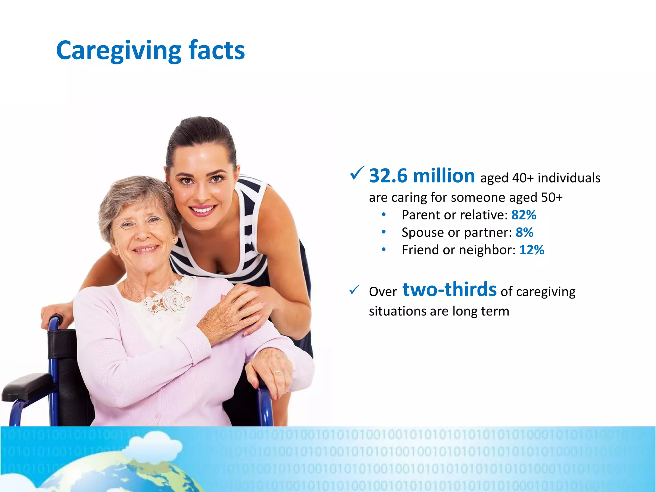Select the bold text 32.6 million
422,176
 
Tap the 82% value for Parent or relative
524,215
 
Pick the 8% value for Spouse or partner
524,233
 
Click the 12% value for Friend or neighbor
531,250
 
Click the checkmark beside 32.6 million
357,173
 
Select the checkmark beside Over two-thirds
354,290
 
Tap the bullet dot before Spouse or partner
383,232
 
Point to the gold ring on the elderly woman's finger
276,373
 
